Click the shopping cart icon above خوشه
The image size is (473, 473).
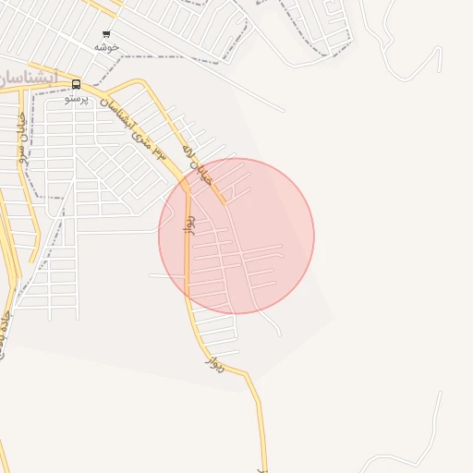(106, 34)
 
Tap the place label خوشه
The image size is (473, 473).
(107, 46)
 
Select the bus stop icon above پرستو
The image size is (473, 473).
(76, 84)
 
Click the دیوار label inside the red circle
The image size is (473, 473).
(191, 225)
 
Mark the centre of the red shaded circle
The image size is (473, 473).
(236, 236)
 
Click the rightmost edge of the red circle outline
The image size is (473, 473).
(314, 236)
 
